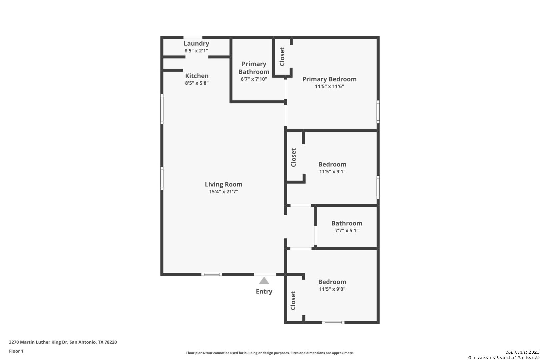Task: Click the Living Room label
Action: (x=223, y=184)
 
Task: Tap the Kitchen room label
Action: (x=197, y=76)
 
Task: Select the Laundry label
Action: (x=196, y=44)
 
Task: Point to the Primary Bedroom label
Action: (x=329, y=79)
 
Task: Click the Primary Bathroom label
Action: (x=254, y=68)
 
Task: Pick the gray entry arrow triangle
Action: (x=264, y=280)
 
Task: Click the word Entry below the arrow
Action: (x=264, y=292)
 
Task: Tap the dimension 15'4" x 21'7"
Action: (x=223, y=192)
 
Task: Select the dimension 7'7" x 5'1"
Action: (x=347, y=231)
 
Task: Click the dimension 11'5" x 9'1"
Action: (x=332, y=172)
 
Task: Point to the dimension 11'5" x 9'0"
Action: (x=332, y=289)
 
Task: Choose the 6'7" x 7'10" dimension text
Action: (x=254, y=79)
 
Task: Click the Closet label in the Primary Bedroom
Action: (x=282, y=57)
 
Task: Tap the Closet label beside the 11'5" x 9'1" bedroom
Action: (x=293, y=157)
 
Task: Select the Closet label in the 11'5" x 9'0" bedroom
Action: (x=293, y=301)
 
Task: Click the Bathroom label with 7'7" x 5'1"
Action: (x=347, y=223)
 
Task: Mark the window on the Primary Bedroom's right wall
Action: (x=378, y=112)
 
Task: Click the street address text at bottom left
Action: (x=63, y=342)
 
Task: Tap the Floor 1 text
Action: (x=16, y=351)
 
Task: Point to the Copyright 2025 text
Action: (x=522, y=352)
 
